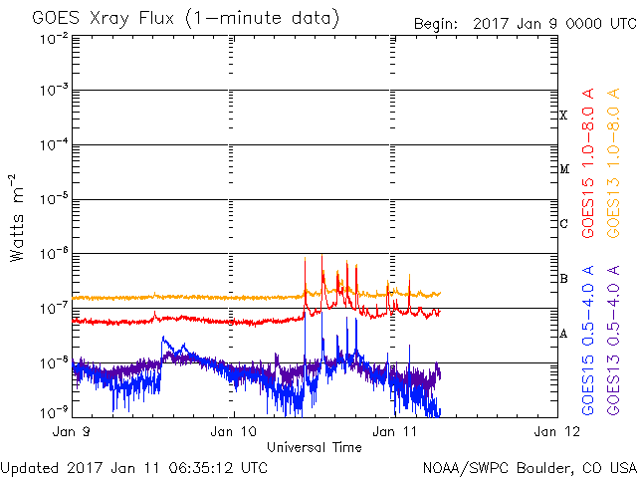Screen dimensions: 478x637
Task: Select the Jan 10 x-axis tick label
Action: (x=234, y=432)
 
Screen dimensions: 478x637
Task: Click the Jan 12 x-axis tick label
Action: (x=554, y=432)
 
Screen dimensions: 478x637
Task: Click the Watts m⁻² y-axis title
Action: (x=17, y=217)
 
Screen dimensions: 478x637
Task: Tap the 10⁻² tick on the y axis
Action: (x=53, y=38)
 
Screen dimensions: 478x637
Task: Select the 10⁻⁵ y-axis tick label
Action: (x=53, y=199)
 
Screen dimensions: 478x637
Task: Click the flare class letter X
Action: (x=563, y=116)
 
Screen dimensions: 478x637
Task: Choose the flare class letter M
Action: (x=563, y=169)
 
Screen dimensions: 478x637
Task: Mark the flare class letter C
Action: (x=563, y=224)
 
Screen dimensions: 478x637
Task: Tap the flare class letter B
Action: (x=563, y=279)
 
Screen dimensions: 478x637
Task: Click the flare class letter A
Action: (x=563, y=334)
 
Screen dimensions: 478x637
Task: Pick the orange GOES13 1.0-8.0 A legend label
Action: (x=614, y=174)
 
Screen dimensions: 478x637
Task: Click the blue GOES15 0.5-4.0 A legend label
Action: (x=588, y=341)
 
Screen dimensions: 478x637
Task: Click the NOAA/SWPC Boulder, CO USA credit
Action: (x=529, y=467)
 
